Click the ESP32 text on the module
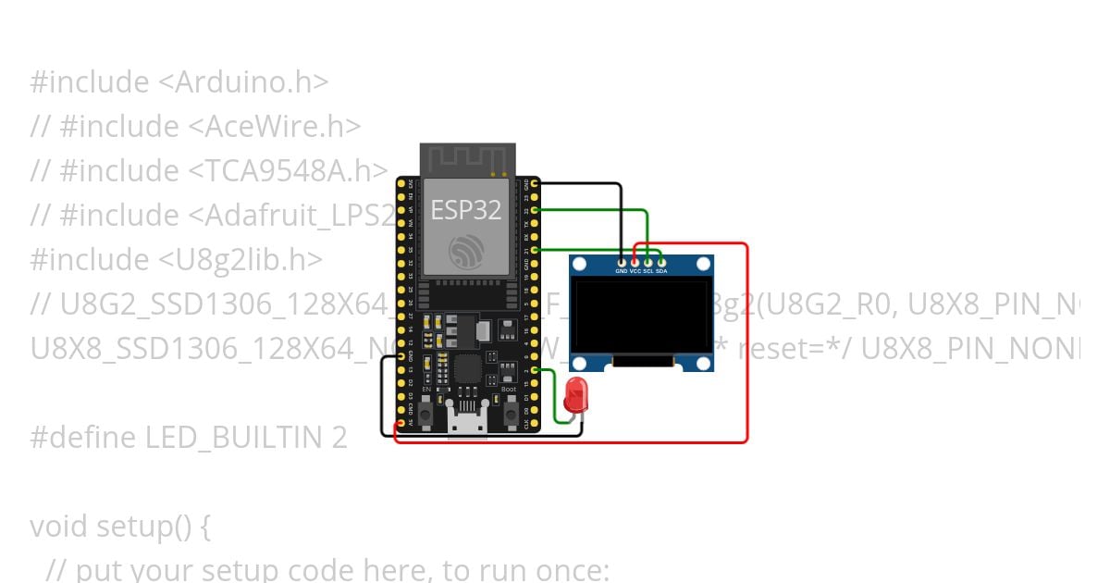466,210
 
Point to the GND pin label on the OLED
621,271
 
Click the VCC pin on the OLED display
635,264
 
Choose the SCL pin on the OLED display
648,264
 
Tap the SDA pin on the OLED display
662,264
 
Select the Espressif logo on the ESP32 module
465,252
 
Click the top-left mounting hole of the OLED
580,265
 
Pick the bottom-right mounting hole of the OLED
703,363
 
